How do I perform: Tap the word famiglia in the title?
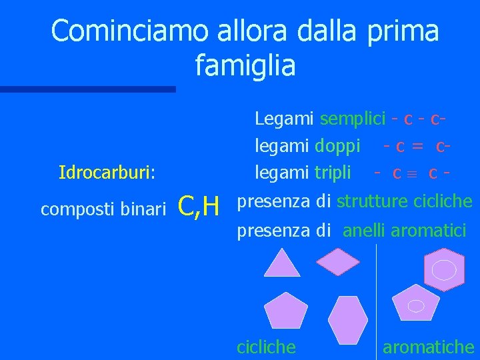click(x=245, y=66)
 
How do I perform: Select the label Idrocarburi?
click(x=107, y=173)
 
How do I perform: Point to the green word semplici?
click(x=353, y=119)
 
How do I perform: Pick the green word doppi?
click(x=337, y=145)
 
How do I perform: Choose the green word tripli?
click(x=333, y=173)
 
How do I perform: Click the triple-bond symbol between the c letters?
click(x=415, y=174)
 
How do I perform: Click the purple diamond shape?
click(x=338, y=261)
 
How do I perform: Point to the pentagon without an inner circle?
click(x=285, y=310)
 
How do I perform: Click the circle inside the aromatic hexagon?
click(x=444, y=270)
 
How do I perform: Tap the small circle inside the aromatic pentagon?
click(x=416, y=305)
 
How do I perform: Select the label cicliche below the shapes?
click(x=267, y=347)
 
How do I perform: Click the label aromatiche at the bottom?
click(x=428, y=347)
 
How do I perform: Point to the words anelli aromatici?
click(x=405, y=231)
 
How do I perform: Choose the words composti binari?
click(x=103, y=209)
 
